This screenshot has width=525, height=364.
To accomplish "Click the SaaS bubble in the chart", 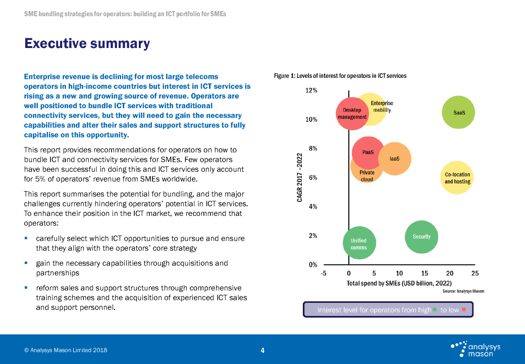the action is (x=458, y=112).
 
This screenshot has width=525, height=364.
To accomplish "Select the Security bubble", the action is (x=422, y=237).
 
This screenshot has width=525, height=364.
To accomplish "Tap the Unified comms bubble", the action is (x=359, y=243).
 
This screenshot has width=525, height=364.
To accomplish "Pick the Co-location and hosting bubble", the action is (x=457, y=177).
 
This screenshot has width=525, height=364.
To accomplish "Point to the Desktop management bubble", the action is (x=352, y=114).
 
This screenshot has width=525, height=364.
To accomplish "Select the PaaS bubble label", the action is (x=368, y=152).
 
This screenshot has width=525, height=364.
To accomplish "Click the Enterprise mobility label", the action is (x=382, y=107).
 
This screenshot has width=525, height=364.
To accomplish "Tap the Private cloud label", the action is (x=367, y=176).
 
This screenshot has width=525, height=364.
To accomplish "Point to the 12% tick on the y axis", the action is (x=311, y=90).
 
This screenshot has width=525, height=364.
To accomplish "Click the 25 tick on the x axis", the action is (x=475, y=273).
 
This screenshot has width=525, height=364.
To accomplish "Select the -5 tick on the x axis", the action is (x=324, y=273).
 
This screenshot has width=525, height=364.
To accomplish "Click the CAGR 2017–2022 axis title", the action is (x=300, y=177).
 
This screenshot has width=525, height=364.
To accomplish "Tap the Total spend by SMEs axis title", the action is (x=399, y=283).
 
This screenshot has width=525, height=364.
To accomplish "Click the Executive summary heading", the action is (x=87, y=43).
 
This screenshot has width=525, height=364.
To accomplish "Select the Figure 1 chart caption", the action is (x=340, y=76).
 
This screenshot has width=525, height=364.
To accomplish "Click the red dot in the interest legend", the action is (x=464, y=309).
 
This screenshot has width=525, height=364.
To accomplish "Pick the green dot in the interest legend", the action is (x=435, y=309).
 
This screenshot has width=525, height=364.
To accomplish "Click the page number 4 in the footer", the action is (x=262, y=350).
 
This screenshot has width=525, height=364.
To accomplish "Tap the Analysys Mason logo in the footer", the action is (x=476, y=349).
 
